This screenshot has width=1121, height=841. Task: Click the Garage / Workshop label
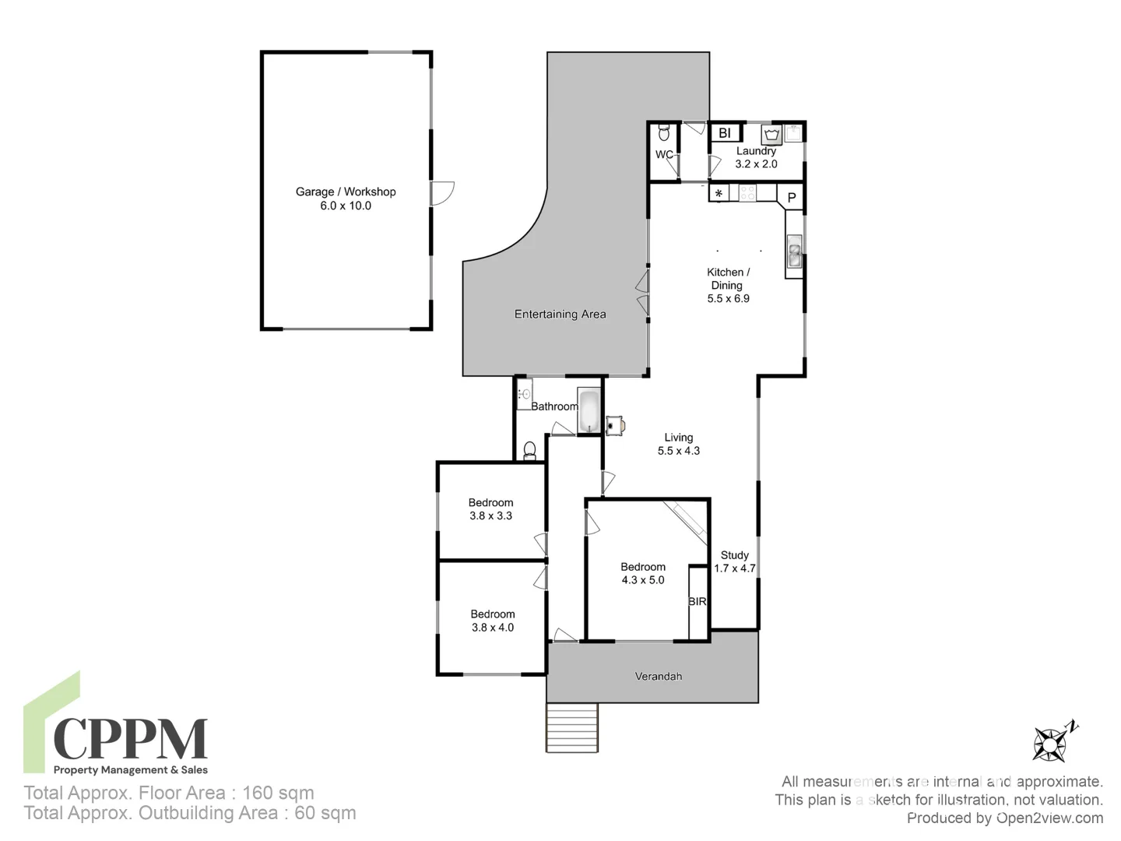(x=346, y=199)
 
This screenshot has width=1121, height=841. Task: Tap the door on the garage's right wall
(x=442, y=193)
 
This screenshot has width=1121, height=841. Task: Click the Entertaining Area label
(x=560, y=315)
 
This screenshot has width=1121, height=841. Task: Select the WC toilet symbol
(x=664, y=133)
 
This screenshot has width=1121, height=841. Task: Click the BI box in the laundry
(x=725, y=133)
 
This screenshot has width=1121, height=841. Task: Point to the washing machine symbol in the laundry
(x=771, y=134)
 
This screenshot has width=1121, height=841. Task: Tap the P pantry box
(x=792, y=197)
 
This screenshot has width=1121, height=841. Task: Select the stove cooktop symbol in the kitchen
(x=747, y=192)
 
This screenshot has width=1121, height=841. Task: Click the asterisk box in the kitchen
(x=719, y=193)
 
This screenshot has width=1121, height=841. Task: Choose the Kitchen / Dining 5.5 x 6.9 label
(x=728, y=285)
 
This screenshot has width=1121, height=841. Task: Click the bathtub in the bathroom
(x=589, y=410)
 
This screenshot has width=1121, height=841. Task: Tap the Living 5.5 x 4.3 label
(x=679, y=444)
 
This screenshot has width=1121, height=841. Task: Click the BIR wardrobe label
(x=698, y=602)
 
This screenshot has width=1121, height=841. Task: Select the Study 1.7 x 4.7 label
(x=735, y=561)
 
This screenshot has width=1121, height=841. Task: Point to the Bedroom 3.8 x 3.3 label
(x=490, y=509)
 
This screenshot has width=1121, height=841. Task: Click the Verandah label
(x=658, y=676)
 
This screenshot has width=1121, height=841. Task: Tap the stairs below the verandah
(x=572, y=727)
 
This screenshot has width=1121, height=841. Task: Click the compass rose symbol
(x=1051, y=742)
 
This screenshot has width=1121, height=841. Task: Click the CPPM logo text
(x=130, y=739)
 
